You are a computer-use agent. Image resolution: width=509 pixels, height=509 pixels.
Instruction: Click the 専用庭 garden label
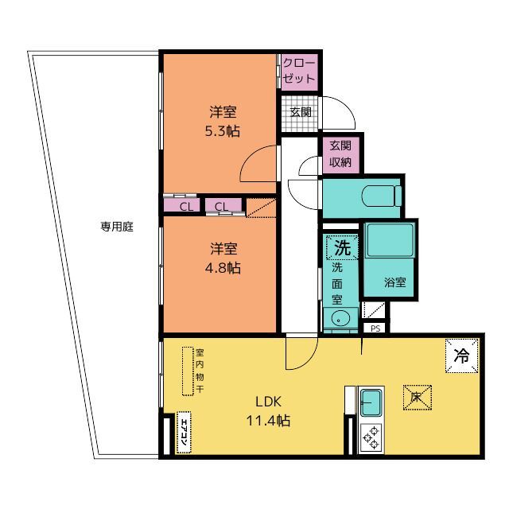[x=117, y=226]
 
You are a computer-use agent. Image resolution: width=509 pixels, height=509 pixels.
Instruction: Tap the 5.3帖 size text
[x=223, y=131]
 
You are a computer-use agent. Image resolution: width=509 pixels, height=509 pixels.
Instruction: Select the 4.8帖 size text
[x=223, y=268]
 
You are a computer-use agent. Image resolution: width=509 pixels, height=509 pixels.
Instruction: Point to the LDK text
[x=268, y=402]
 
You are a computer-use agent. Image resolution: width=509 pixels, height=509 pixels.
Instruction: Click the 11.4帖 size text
[x=268, y=421]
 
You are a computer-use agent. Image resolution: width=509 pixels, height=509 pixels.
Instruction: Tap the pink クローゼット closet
[x=299, y=72]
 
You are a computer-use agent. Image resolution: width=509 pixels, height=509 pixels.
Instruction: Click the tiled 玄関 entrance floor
[x=300, y=114]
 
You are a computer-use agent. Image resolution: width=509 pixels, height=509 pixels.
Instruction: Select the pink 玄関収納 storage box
[x=341, y=153]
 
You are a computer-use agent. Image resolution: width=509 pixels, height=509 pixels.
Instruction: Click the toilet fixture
[x=382, y=196]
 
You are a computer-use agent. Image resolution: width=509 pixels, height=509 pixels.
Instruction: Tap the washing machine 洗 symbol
[x=343, y=247]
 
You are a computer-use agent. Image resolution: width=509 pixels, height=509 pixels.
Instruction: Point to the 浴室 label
[x=394, y=282]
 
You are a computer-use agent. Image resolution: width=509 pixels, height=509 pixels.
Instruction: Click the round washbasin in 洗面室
[x=339, y=317]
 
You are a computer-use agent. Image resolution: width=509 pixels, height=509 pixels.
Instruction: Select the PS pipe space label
[x=375, y=328]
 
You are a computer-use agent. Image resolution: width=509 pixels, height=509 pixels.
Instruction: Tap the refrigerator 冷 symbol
[x=461, y=356]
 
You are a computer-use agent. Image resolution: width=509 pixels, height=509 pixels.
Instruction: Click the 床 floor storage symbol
[x=417, y=398]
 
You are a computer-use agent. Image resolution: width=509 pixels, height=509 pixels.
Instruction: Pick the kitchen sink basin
[x=371, y=403]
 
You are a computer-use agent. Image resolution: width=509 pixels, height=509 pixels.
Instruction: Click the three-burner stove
[x=371, y=438]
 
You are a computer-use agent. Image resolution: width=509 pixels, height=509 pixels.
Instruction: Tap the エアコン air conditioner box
[x=184, y=433]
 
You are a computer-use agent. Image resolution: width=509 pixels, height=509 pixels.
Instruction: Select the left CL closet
[x=181, y=206]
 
